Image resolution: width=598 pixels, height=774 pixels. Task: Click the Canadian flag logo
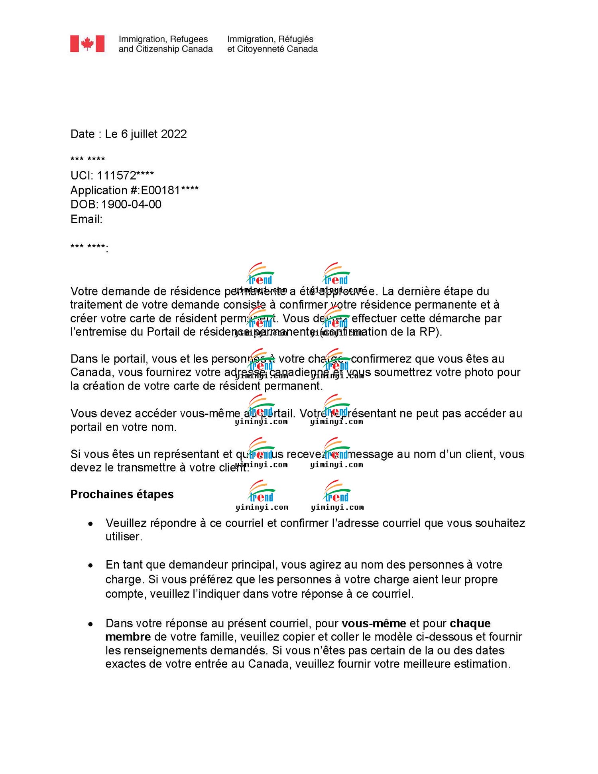click(x=87, y=44)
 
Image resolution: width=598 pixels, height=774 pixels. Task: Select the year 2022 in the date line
click(x=174, y=134)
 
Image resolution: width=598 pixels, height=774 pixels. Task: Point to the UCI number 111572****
click(x=125, y=175)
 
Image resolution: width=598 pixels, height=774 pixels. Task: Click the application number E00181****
click(x=169, y=190)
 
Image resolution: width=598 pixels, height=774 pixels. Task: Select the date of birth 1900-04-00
click(x=131, y=205)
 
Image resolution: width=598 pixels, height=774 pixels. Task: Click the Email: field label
click(x=87, y=219)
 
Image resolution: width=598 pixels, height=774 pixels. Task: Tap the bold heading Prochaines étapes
click(x=122, y=494)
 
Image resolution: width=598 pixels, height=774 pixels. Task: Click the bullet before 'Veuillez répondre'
click(x=91, y=524)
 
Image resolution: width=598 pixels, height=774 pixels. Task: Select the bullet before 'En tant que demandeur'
click(x=91, y=565)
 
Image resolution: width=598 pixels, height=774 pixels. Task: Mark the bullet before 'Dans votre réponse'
click(x=91, y=624)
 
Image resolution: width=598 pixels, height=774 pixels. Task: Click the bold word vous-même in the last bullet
click(x=374, y=623)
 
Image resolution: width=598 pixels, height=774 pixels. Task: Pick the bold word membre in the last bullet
click(x=128, y=637)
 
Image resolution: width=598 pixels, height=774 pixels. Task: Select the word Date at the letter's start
click(x=83, y=134)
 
